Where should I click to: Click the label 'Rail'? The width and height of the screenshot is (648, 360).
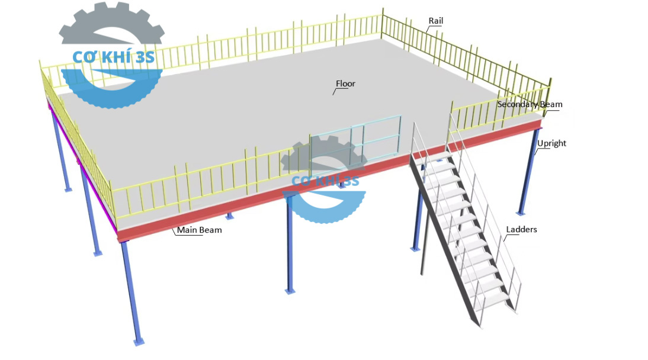pyautogui.click(x=435, y=21)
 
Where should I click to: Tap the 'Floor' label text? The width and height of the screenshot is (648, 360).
pyautogui.click(x=345, y=84)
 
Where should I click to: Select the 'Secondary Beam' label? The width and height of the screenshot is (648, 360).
pyautogui.click(x=530, y=105)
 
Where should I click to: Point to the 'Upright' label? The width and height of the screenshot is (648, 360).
pyautogui.click(x=551, y=143)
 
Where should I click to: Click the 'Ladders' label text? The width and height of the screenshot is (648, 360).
pyautogui.click(x=521, y=229)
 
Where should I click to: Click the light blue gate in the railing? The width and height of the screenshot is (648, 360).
pyautogui.click(x=355, y=143)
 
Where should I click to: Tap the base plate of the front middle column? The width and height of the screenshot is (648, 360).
pyautogui.click(x=290, y=291)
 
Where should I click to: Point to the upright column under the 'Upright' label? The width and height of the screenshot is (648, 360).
pyautogui.click(x=527, y=178)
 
